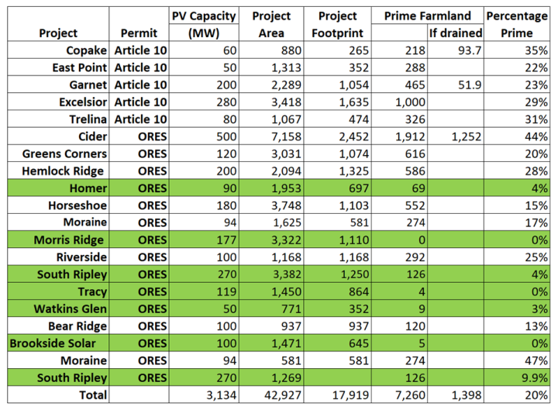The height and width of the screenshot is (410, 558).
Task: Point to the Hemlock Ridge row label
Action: tap(64, 171)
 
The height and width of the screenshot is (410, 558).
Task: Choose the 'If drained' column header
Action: tap(455, 33)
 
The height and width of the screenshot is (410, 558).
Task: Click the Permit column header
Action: tap(139, 33)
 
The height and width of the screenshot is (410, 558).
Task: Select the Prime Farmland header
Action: tap(427, 16)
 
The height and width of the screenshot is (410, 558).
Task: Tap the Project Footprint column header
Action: tap(336, 24)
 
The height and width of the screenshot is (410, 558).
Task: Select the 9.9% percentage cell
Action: tap(536, 377)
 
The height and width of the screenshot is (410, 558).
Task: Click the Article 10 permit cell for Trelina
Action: tap(139, 120)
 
